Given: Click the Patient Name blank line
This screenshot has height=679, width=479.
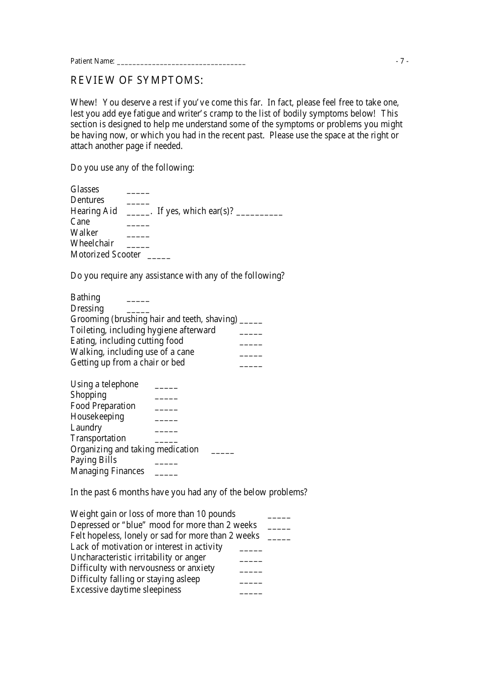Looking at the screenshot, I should [181, 63].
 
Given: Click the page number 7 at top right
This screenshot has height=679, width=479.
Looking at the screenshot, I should [402, 61].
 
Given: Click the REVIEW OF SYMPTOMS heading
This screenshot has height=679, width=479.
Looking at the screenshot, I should [137, 80].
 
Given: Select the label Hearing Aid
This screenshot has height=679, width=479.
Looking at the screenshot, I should [94, 211].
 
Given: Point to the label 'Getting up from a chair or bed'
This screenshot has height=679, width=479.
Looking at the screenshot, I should [128, 362].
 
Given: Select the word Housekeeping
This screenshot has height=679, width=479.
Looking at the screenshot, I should [97, 416].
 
